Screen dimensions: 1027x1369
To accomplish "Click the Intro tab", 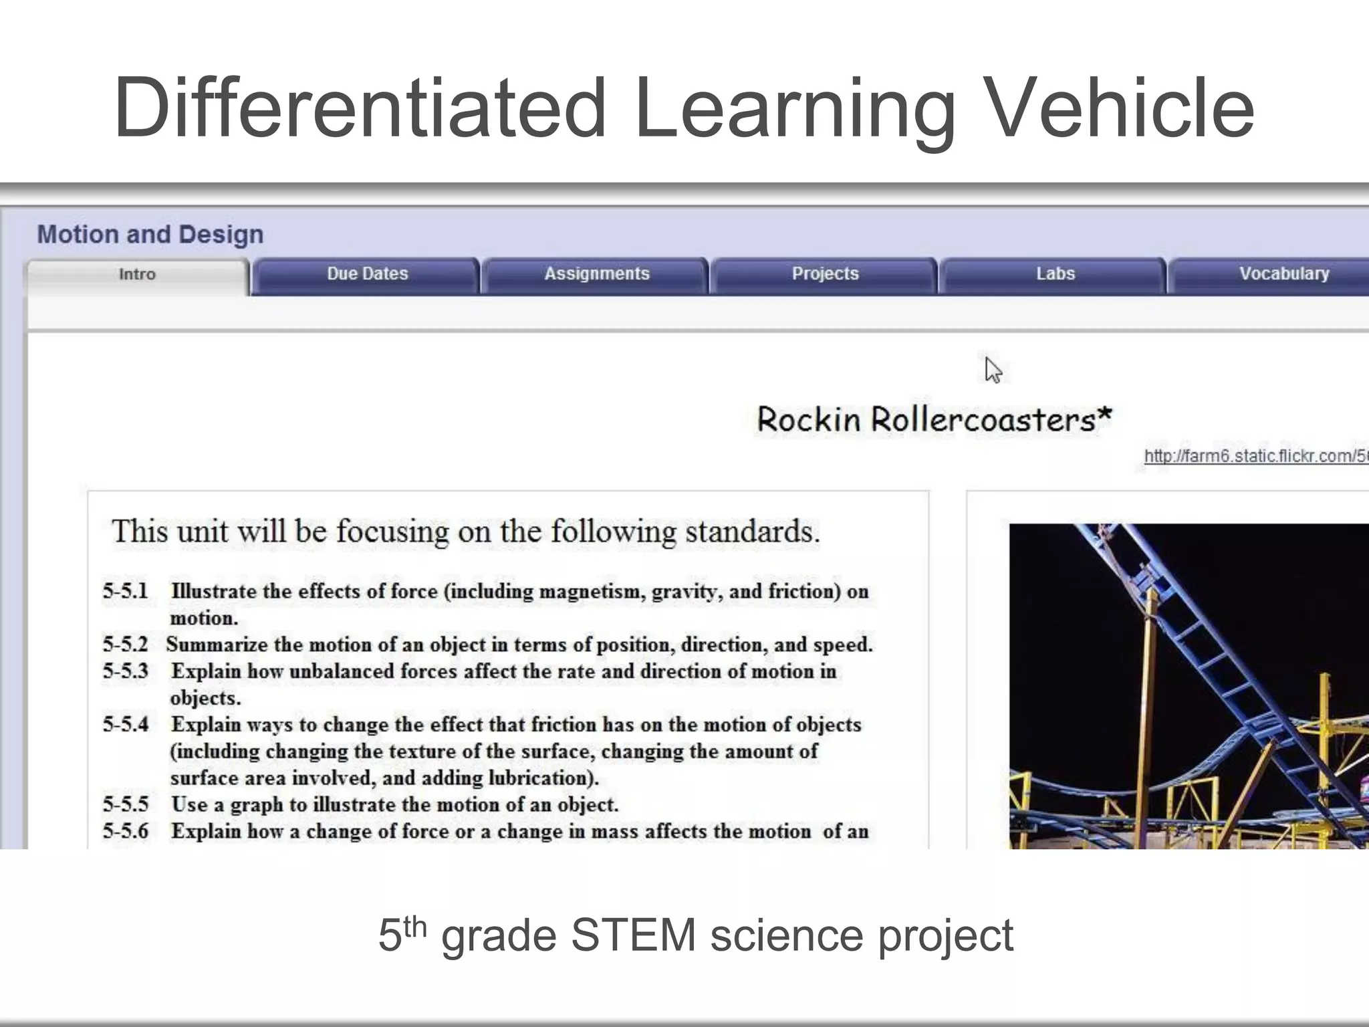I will tap(137, 275).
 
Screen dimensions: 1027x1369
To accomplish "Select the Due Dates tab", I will tap(367, 274).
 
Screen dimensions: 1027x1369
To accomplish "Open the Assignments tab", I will tap(596, 274).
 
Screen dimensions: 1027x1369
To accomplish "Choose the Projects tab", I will tap(825, 274).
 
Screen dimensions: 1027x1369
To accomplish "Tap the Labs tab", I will tap(1055, 274).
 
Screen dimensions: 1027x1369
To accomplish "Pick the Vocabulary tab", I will tap(1283, 274).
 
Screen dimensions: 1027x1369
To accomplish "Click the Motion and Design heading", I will tap(150, 235).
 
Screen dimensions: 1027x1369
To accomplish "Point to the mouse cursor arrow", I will tap(993, 370).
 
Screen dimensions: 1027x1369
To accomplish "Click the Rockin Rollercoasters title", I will tap(934, 420).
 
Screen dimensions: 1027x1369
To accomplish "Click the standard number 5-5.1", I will tap(125, 592).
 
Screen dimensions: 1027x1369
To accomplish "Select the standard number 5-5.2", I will tap(125, 645).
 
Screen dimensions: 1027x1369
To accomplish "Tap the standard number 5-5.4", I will tap(125, 725).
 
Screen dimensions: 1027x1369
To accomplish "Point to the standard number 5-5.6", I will tap(125, 831).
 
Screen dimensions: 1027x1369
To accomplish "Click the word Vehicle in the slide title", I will tap(1118, 108).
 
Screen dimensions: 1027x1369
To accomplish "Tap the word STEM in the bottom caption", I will tap(633, 935).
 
